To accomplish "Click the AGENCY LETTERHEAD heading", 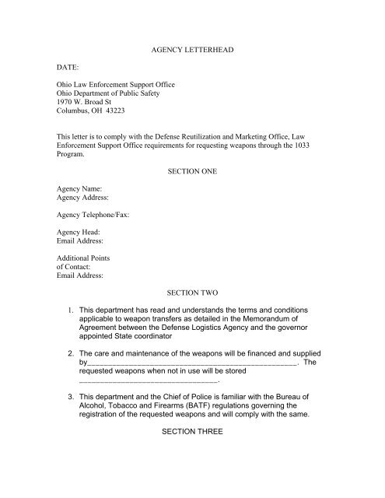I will tap(191, 49).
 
